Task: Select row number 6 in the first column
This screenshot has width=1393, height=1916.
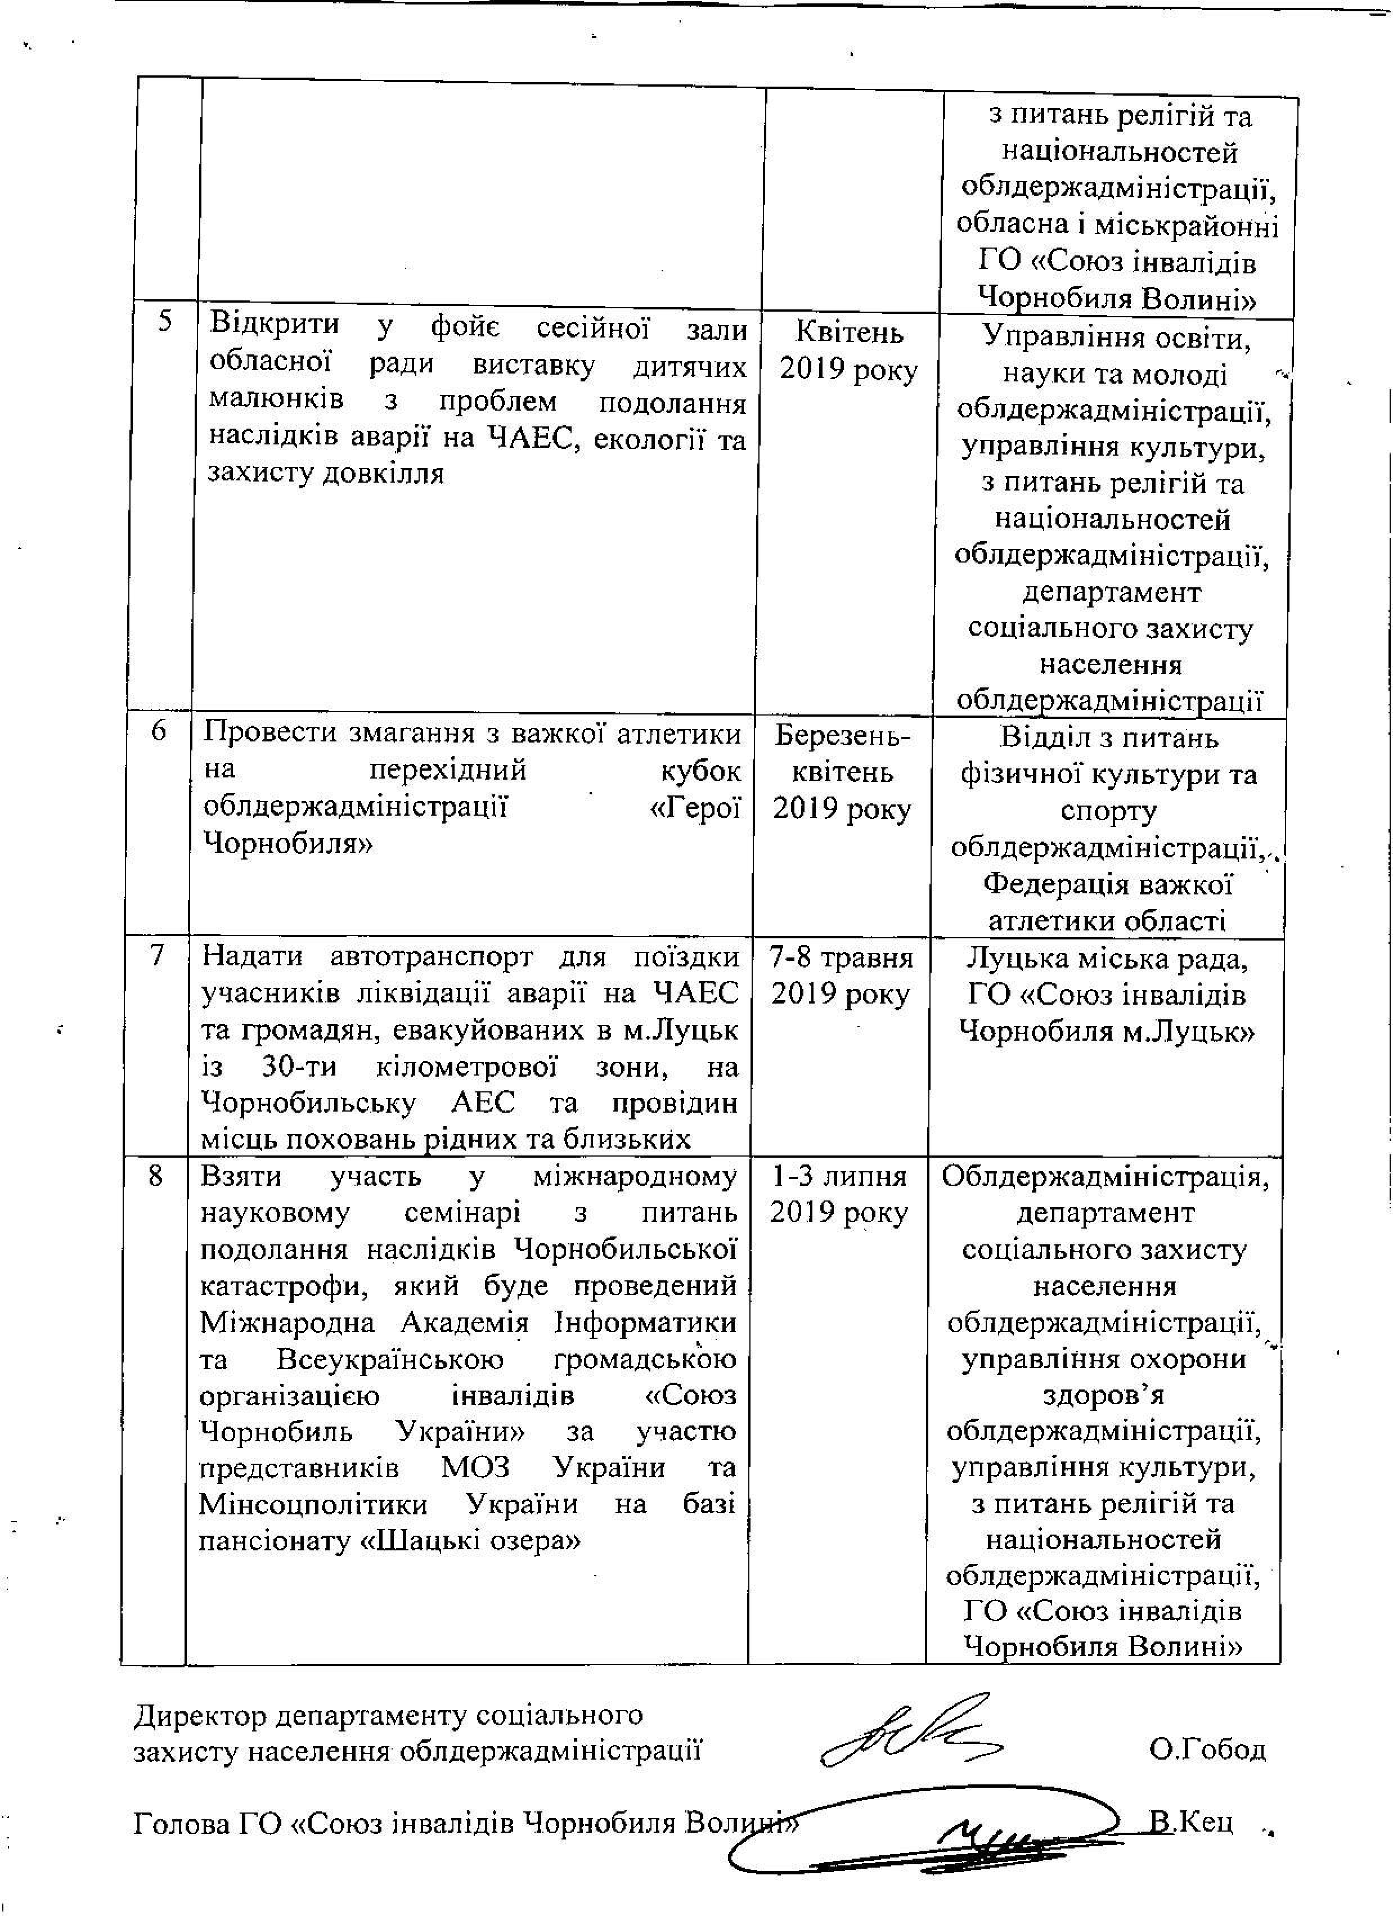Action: tap(158, 732)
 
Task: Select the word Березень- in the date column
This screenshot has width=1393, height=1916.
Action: tap(842, 736)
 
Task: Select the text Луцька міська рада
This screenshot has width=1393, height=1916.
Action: tap(1106, 959)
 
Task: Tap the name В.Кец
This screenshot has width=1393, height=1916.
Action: tap(1192, 1821)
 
